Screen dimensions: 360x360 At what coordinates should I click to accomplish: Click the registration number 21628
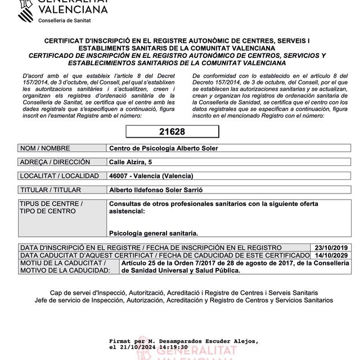[x=172, y=132]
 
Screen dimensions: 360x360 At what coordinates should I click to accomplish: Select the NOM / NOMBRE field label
[x=45, y=148]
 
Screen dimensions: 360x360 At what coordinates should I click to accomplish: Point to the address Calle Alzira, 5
[x=130, y=163]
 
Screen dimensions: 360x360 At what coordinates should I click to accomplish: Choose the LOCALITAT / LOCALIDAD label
[x=58, y=176]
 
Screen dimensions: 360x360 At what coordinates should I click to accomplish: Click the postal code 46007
[x=119, y=176]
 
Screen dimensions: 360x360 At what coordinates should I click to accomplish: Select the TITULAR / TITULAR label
[x=51, y=190]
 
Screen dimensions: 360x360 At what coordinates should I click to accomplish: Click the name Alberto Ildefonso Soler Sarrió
[x=158, y=190]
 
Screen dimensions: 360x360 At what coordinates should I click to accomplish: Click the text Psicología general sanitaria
[x=154, y=233]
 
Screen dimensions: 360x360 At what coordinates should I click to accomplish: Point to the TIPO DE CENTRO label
[x=48, y=211]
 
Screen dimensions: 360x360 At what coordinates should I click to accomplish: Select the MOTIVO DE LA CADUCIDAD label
[x=64, y=271]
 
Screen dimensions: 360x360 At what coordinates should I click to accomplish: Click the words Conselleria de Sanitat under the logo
[x=65, y=20]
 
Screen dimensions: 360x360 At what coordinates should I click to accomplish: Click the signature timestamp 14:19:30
[x=171, y=348]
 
